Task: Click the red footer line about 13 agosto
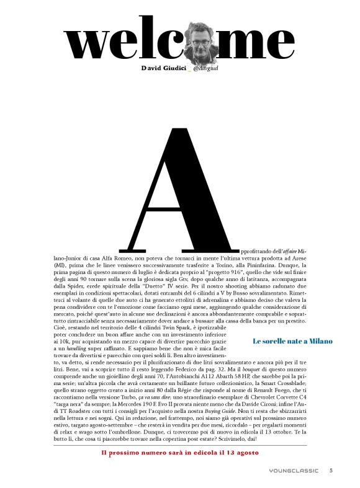pyautogui.click(x=180, y=452)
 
